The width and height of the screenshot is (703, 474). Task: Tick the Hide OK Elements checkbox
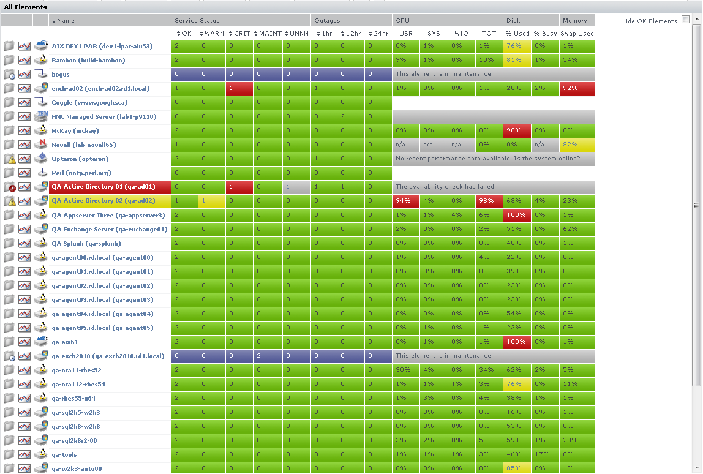[x=685, y=20]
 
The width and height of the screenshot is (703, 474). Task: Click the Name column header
[x=66, y=21]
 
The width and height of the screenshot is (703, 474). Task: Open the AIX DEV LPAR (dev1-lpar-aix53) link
[x=102, y=47]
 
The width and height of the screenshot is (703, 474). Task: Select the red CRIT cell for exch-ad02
[x=239, y=89]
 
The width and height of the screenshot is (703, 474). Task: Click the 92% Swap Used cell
[x=577, y=89]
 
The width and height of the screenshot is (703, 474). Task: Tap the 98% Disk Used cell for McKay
[x=517, y=131]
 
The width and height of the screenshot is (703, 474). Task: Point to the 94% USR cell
[x=405, y=201]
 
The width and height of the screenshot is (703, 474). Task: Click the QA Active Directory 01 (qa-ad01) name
[x=103, y=187]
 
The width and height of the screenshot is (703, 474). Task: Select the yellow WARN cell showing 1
[x=211, y=201]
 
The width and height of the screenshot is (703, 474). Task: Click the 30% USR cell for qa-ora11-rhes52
[x=405, y=370]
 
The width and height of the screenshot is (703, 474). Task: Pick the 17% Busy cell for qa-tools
[x=545, y=454]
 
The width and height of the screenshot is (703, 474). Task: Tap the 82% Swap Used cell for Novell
[x=577, y=145]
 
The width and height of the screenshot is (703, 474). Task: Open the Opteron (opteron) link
[x=80, y=159]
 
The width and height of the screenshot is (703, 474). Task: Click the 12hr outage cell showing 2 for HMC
[x=351, y=117]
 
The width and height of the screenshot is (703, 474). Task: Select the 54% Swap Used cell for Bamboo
[x=577, y=61]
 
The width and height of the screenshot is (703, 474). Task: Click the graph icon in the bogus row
[x=24, y=75]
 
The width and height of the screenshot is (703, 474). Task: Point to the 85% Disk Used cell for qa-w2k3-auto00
[x=517, y=468]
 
